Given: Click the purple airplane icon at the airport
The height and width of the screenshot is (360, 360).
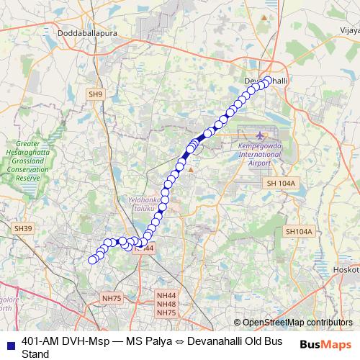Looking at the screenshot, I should click(x=260, y=135).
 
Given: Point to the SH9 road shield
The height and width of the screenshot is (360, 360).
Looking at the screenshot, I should click(x=95, y=94).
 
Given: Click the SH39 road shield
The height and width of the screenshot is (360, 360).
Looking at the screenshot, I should click(x=24, y=228).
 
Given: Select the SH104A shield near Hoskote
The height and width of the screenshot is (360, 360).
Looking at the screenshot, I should click(x=299, y=231).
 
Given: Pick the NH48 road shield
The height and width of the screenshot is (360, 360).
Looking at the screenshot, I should click(x=166, y=305).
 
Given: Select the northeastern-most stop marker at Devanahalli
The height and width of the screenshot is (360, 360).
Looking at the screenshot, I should click(x=269, y=81).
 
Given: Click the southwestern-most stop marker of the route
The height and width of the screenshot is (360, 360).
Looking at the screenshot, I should click(x=91, y=260).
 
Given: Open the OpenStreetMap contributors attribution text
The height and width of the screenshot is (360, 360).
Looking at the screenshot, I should click(x=297, y=323).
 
